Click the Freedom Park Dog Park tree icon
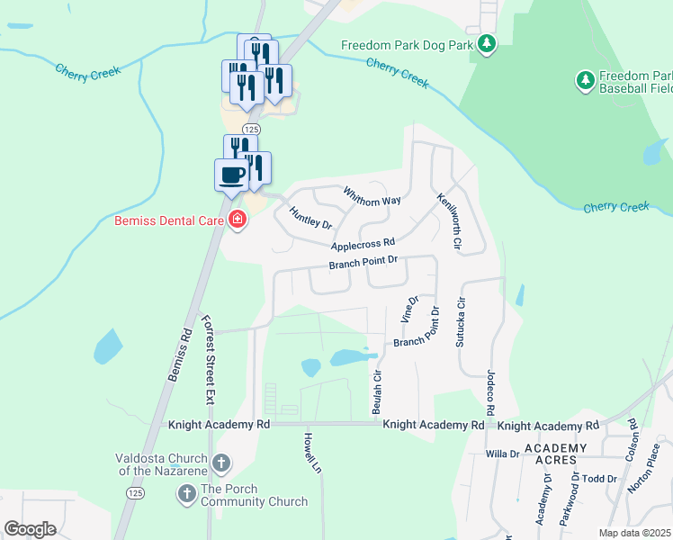click(x=487, y=44)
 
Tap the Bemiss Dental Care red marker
click(x=238, y=220)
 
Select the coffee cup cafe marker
click(x=231, y=174)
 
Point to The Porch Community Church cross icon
click(x=187, y=493)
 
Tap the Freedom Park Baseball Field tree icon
click(x=586, y=81)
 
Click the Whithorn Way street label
click(x=372, y=195)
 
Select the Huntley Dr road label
click(x=310, y=217)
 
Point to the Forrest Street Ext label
click(x=209, y=360)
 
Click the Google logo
click(x=31, y=529)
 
